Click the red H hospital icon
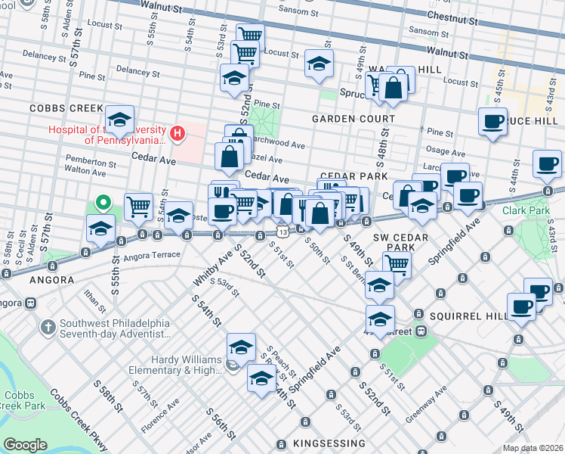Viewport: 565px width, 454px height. [178, 135]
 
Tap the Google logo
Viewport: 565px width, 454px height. [25, 445]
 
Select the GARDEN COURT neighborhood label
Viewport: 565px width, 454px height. [354, 119]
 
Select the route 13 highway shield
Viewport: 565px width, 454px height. [281, 229]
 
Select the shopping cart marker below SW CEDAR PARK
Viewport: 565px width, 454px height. [396, 265]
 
